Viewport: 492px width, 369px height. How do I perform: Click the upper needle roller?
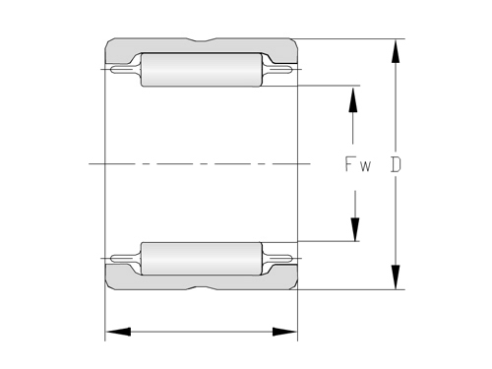click(202, 70)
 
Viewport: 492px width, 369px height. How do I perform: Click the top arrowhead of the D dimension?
click(396, 47)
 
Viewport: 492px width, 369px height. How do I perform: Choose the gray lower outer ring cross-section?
click(157, 283)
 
